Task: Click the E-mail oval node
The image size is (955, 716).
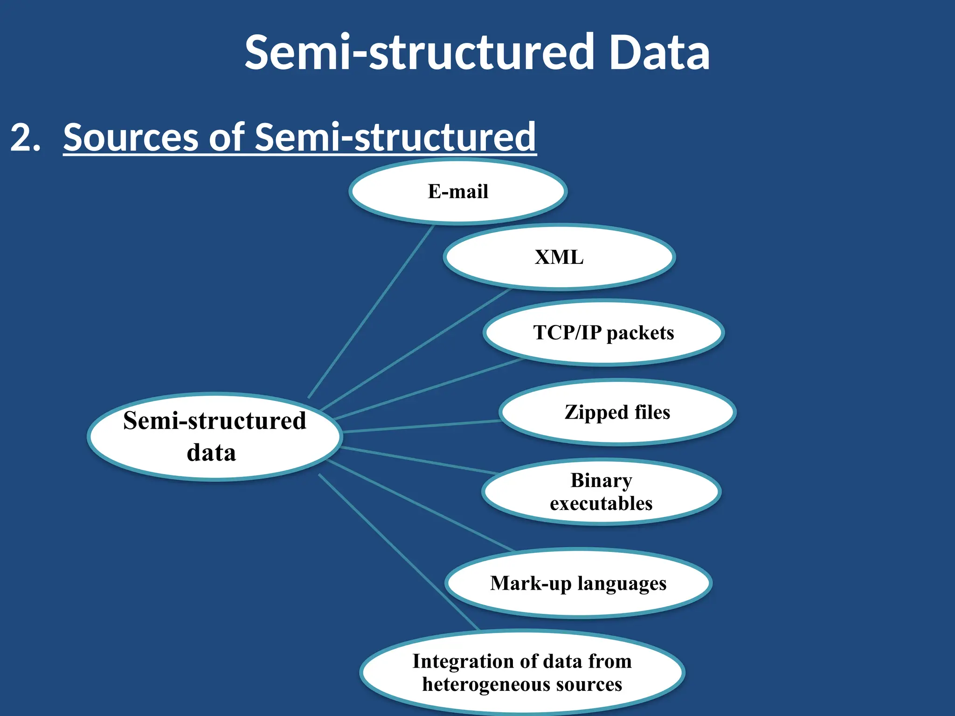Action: [x=458, y=192]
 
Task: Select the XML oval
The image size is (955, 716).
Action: [x=559, y=257]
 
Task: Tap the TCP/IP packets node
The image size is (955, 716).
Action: [x=603, y=333]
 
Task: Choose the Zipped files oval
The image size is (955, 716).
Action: [x=617, y=413]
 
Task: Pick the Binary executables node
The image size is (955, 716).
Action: [x=601, y=492]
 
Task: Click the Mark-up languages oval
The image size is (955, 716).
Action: [x=578, y=583]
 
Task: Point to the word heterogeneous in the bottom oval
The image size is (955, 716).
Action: [x=485, y=684]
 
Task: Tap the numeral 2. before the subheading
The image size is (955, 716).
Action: [x=26, y=137]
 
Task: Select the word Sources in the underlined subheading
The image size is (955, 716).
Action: [x=131, y=137]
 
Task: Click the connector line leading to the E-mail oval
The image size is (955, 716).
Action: [x=371, y=311]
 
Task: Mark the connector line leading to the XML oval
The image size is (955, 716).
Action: [x=415, y=350]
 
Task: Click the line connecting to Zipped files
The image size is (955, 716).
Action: [x=422, y=427]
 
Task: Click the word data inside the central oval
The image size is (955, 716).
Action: [x=211, y=453]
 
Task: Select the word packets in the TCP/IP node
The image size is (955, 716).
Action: [x=640, y=333]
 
